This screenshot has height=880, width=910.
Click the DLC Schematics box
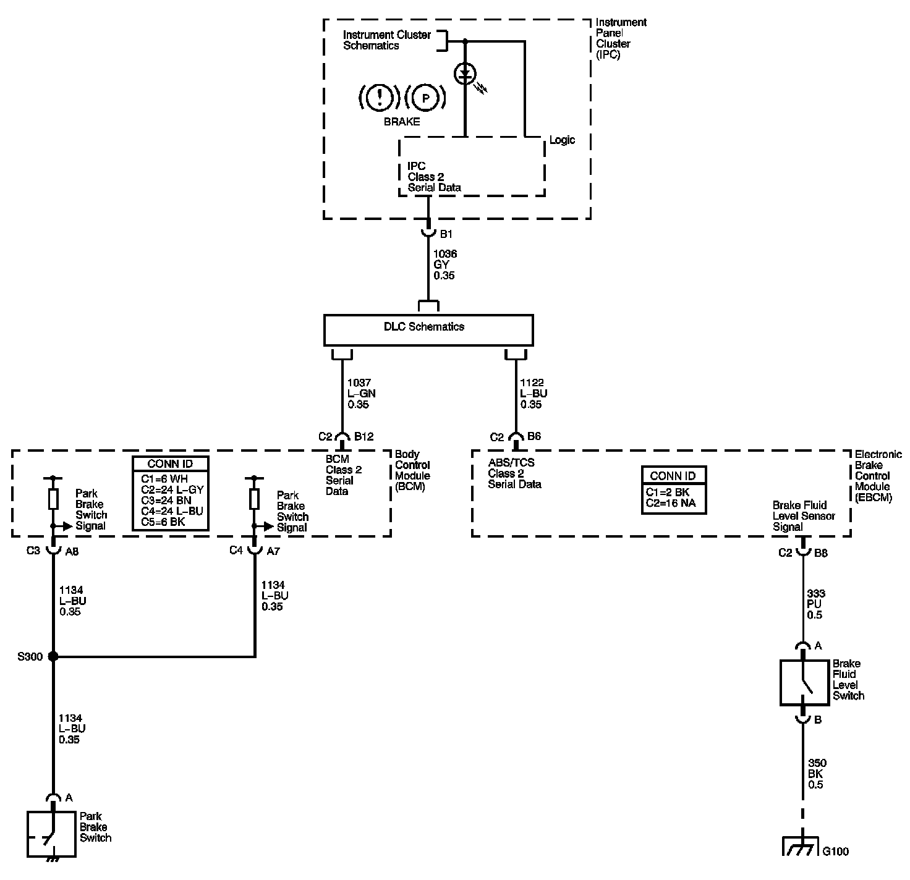coord(428,329)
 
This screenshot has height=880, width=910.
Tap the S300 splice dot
coord(53,656)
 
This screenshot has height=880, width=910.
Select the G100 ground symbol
coord(802,847)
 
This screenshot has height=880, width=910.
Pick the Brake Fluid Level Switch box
coord(804,682)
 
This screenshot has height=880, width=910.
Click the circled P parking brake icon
coord(425,97)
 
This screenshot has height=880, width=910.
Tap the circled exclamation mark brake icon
coord(380,97)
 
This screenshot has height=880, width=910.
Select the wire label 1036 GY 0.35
coord(445,264)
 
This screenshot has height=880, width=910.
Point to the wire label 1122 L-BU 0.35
coord(534,394)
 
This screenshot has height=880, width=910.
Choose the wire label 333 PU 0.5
coord(816,604)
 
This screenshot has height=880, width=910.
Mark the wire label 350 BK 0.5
coord(816,774)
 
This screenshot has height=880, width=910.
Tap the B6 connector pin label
coord(534,437)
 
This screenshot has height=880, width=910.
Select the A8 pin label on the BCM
coord(72,551)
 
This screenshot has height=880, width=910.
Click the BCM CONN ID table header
coord(171,464)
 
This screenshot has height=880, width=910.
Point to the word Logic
coord(562,140)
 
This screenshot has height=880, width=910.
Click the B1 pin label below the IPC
coord(446,234)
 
